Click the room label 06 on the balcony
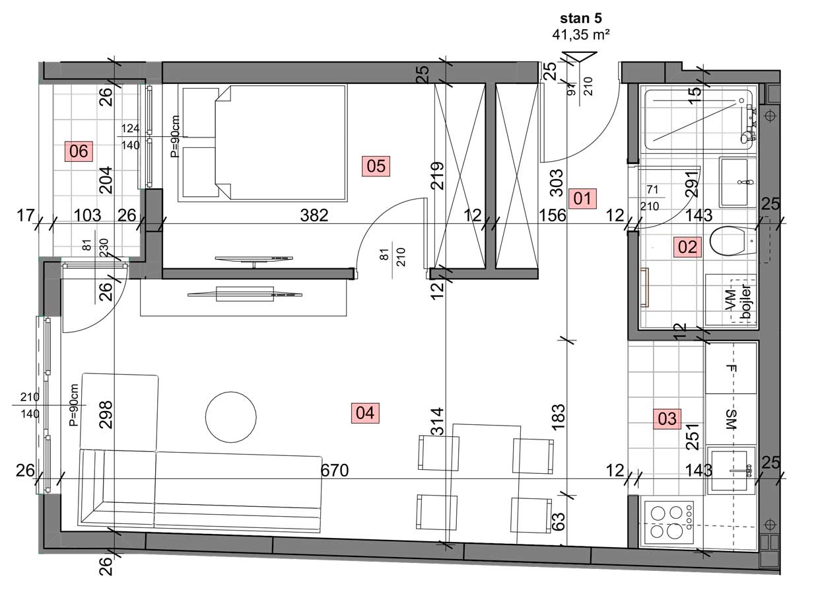tap(79, 151)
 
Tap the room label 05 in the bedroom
tap(376, 166)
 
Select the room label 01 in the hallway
tap(582, 199)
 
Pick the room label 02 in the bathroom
tap(687, 246)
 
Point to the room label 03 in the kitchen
tap(667, 418)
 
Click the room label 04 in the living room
tap(365, 413)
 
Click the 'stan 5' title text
tap(581, 19)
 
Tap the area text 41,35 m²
tap(581, 35)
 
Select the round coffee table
tap(230, 417)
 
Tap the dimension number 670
tap(335, 471)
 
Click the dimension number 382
tap(314, 215)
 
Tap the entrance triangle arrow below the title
tap(580, 58)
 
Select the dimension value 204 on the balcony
tap(106, 180)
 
